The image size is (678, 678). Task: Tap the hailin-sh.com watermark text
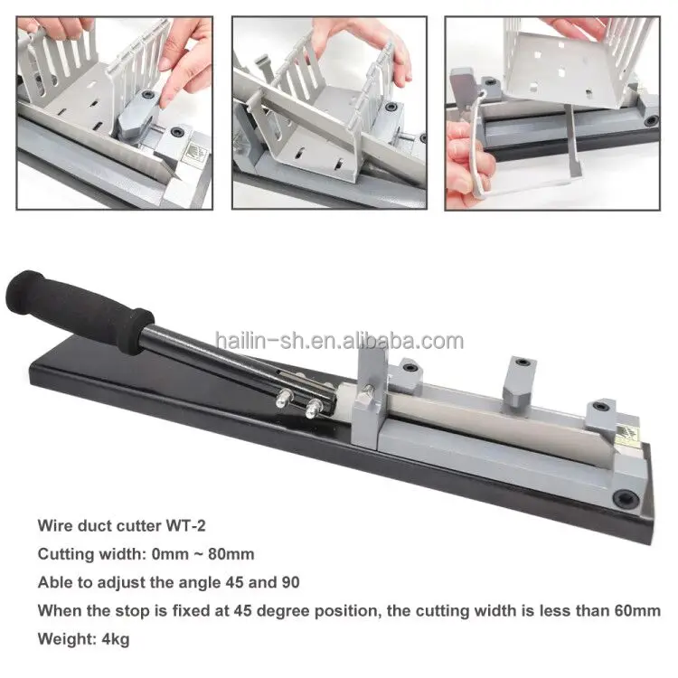coord(339,341)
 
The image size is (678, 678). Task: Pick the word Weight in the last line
coord(60,639)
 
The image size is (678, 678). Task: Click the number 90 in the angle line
coord(289,582)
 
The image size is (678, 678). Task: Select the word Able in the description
coord(53,582)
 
